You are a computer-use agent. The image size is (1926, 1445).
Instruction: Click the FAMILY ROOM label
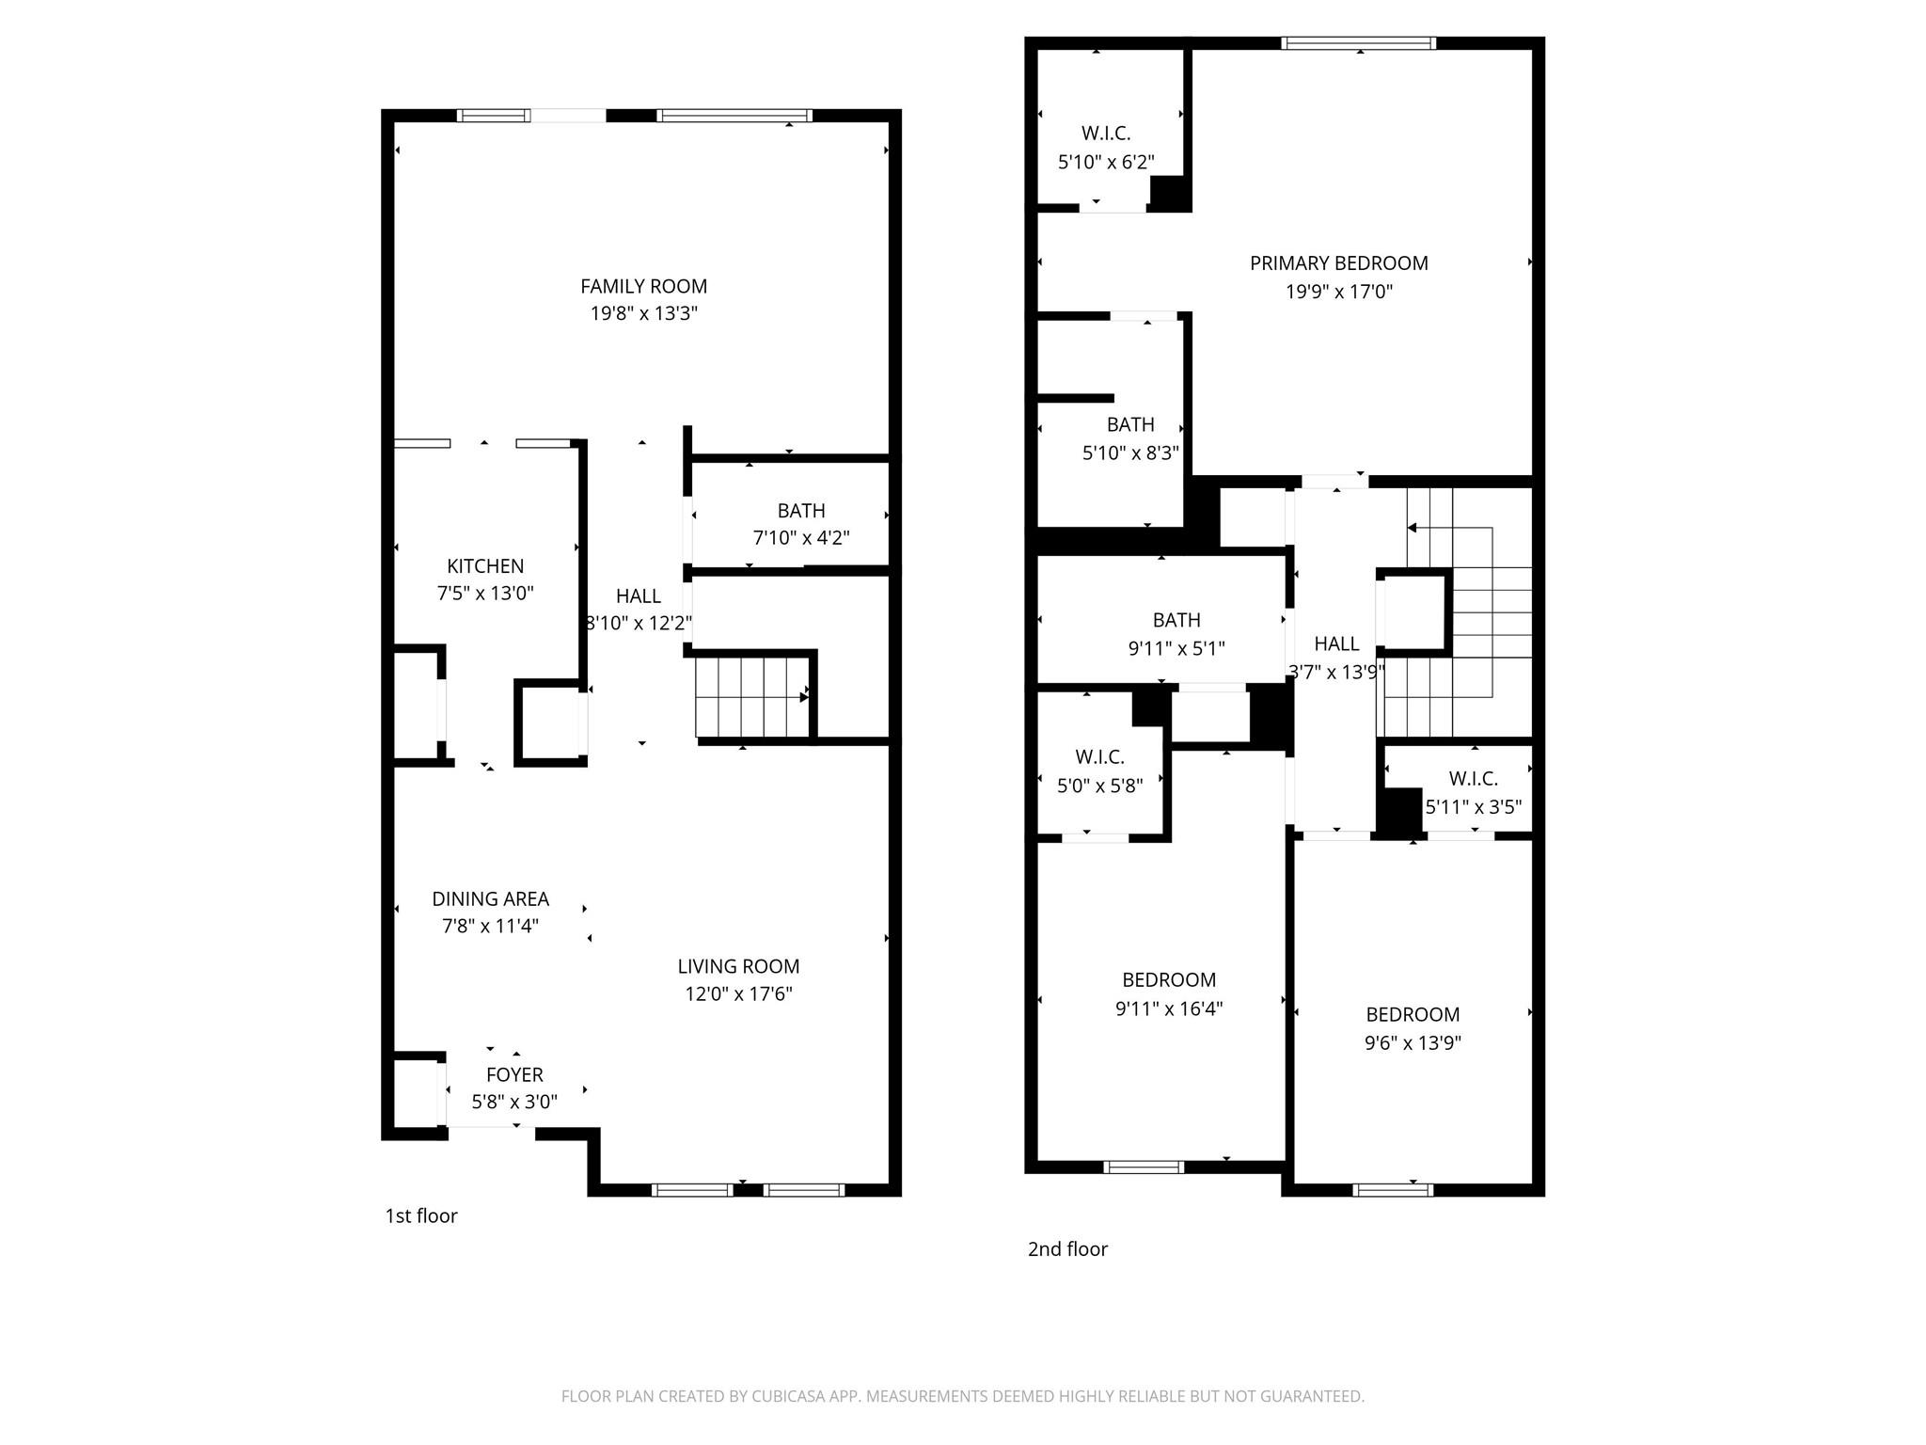click(643, 286)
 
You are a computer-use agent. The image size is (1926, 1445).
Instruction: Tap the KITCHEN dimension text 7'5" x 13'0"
click(485, 594)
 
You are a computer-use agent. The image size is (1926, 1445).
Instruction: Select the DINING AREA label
click(490, 898)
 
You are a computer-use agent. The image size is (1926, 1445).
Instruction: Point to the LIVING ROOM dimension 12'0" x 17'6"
click(738, 993)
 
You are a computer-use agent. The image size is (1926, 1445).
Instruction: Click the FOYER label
click(514, 1074)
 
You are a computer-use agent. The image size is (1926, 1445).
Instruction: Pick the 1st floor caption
click(421, 1215)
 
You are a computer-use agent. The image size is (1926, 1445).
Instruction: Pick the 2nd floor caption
click(1067, 1248)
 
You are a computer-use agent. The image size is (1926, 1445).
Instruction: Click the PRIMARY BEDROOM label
click(1338, 263)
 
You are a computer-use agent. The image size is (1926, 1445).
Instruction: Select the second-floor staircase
click(1455, 611)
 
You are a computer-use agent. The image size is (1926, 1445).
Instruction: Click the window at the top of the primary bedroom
click(1359, 42)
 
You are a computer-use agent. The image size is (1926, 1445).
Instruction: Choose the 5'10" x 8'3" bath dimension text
click(1130, 453)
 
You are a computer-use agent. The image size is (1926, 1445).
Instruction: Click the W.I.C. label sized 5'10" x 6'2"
click(1106, 134)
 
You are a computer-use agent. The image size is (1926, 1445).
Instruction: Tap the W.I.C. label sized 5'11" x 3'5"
click(1474, 779)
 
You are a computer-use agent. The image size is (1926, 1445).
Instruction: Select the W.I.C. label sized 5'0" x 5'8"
click(1099, 757)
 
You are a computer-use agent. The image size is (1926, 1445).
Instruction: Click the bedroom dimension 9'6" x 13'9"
click(1413, 1042)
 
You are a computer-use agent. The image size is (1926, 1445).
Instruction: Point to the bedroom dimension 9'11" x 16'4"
click(1169, 1008)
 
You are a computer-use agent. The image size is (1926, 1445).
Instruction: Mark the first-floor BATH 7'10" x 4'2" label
click(801, 511)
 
